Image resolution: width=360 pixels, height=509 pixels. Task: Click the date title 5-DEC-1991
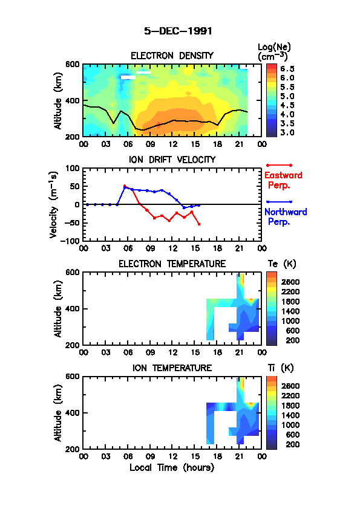tap(178, 31)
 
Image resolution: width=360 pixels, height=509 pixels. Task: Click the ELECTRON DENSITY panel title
tap(172, 56)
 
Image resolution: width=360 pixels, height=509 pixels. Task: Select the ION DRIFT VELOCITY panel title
tap(172, 160)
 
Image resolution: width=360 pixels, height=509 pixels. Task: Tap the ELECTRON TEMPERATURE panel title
tap(172, 264)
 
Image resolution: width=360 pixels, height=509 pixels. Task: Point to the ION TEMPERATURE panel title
tap(172, 368)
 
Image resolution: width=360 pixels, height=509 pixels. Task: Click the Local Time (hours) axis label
tap(172, 468)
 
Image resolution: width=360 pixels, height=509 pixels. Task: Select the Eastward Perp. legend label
tap(283, 180)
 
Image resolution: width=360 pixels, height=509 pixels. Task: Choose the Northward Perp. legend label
tap(286, 217)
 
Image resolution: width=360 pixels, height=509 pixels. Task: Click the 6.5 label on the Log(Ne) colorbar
tap(287, 69)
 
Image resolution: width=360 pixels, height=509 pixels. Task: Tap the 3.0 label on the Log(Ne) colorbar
tap(287, 133)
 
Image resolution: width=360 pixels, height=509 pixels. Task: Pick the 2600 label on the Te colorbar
tap(290, 282)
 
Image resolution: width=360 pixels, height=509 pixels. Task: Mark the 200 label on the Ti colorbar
tap(292, 444)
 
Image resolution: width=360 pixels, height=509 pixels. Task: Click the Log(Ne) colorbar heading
tap(274, 52)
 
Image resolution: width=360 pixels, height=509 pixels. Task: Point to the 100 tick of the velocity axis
tap(73, 168)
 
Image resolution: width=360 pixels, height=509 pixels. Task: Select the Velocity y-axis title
tap(54, 204)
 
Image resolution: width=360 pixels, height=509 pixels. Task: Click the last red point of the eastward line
tap(199, 224)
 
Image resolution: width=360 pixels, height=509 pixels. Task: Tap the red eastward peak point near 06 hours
tap(125, 186)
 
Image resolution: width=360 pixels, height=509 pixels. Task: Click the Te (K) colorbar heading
tap(282, 264)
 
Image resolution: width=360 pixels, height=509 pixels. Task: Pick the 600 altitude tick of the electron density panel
tap(73, 64)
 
